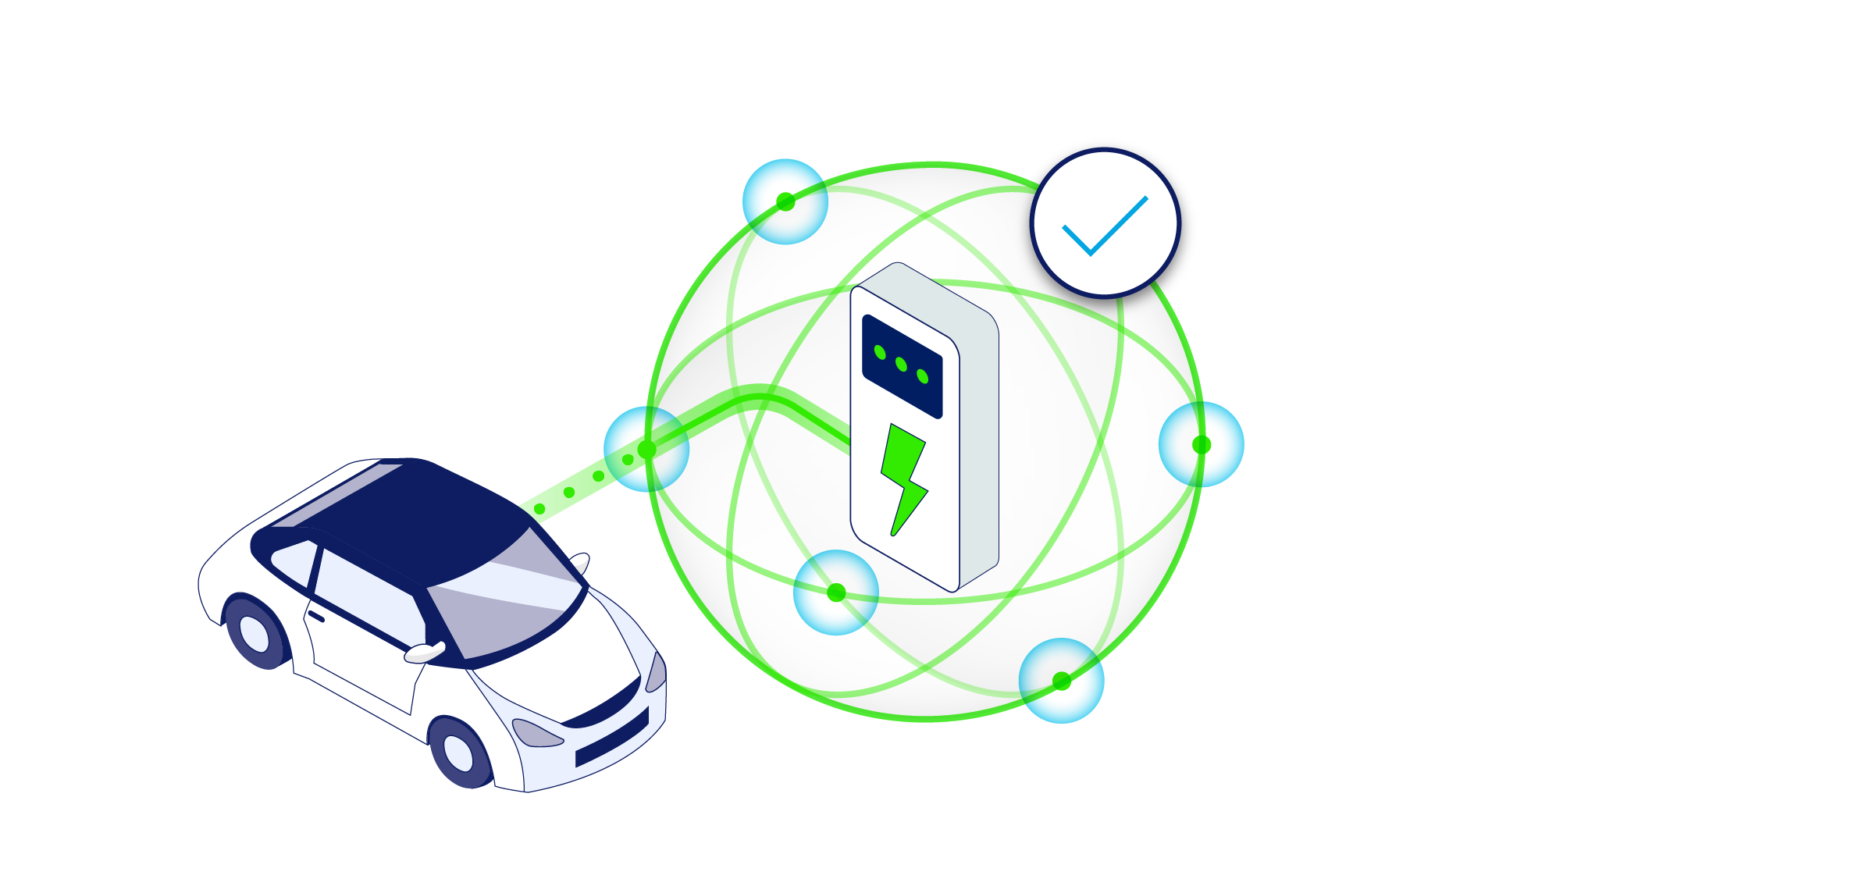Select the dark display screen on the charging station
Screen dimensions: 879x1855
point(902,366)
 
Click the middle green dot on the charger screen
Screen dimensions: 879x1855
point(901,365)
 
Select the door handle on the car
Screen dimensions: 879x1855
point(316,617)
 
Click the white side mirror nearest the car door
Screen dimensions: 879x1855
point(425,653)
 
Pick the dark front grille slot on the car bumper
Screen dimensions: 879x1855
point(612,738)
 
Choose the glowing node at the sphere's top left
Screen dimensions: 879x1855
point(785,202)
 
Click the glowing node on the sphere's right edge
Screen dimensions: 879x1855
point(1201,445)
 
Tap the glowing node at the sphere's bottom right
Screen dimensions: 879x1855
point(1061,681)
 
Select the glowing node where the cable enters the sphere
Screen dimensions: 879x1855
point(646,450)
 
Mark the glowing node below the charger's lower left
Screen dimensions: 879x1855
point(836,593)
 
